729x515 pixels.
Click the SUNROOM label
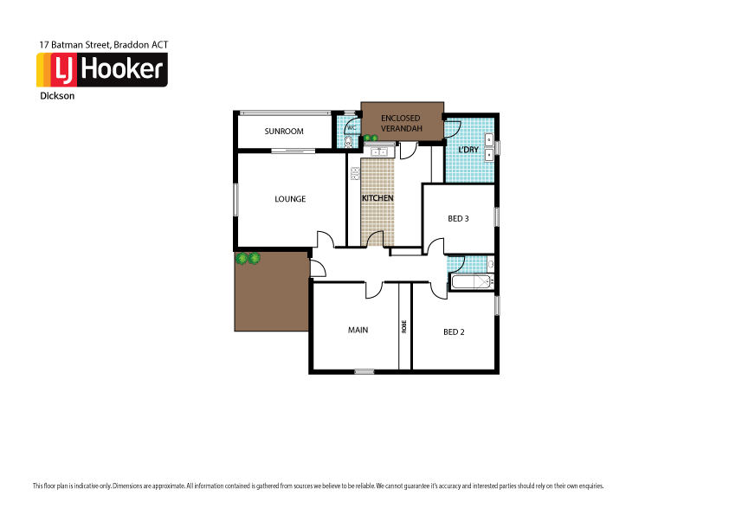click(284, 132)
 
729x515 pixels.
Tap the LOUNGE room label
click(290, 199)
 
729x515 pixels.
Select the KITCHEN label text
click(377, 198)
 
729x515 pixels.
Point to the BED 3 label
click(458, 219)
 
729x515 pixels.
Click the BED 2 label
click(454, 332)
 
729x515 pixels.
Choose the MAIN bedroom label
click(358, 330)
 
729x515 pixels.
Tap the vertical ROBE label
click(403, 326)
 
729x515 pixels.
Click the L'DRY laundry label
click(468, 150)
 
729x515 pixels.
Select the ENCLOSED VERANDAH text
click(401, 123)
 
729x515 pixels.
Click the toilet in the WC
click(348, 142)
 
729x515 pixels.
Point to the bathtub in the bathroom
click(470, 280)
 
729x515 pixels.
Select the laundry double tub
click(489, 146)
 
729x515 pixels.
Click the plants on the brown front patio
click(248, 258)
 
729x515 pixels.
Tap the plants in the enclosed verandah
click(371, 138)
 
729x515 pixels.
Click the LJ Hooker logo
click(101, 70)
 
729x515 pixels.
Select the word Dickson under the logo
click(57, 97)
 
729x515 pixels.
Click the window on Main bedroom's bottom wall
click(364, 372)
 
